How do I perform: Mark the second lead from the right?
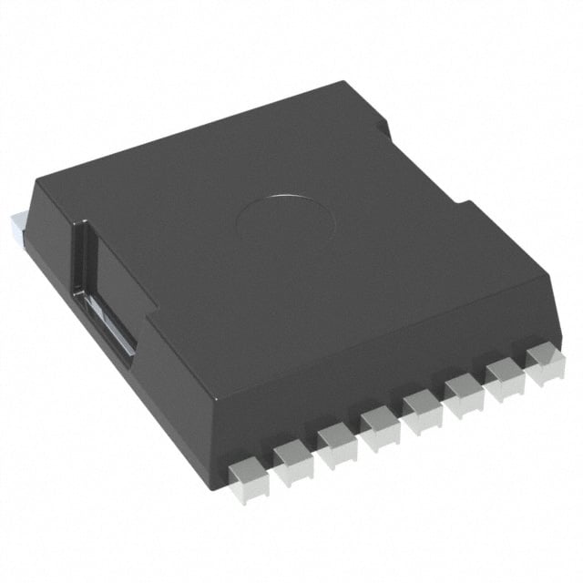[x=505, y=373]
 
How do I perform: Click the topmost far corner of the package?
[x=344, y=83]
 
